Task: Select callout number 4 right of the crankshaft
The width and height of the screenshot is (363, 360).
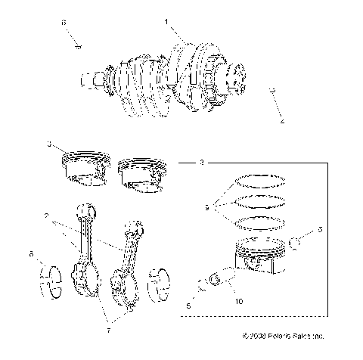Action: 282,120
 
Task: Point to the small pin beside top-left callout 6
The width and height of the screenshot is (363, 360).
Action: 79,46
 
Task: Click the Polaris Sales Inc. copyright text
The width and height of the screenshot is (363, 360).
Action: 284,335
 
